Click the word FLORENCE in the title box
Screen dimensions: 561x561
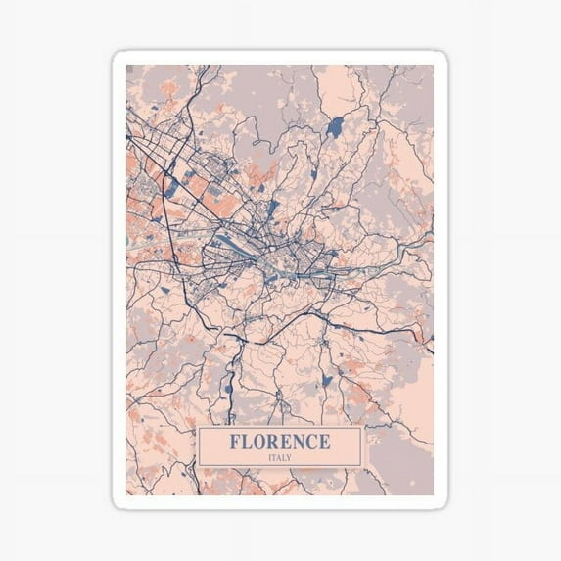pos(280,442)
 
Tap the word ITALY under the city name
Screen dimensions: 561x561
pos(280,457)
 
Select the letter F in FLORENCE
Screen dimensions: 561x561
pos(236,442)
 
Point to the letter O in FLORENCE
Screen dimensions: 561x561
pos(260,442)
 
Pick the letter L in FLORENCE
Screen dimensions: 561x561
pos(248,442)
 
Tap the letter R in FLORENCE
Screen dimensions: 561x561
pos(274,442)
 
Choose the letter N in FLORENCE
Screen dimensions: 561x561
pos(299,442)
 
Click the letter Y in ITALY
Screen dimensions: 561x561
pos(290,457)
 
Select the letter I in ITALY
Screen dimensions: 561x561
pos(269,457)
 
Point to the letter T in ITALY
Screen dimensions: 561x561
pos(274,457)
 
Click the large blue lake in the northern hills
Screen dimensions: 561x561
pos(336,126)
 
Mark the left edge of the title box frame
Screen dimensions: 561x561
pos(199,446)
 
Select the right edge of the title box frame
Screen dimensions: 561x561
pos(361,446)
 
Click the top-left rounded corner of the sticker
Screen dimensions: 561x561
pos(117,57)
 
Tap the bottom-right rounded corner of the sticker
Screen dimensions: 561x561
pos(443,503)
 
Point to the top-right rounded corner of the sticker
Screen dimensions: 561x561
pos(443,57)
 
